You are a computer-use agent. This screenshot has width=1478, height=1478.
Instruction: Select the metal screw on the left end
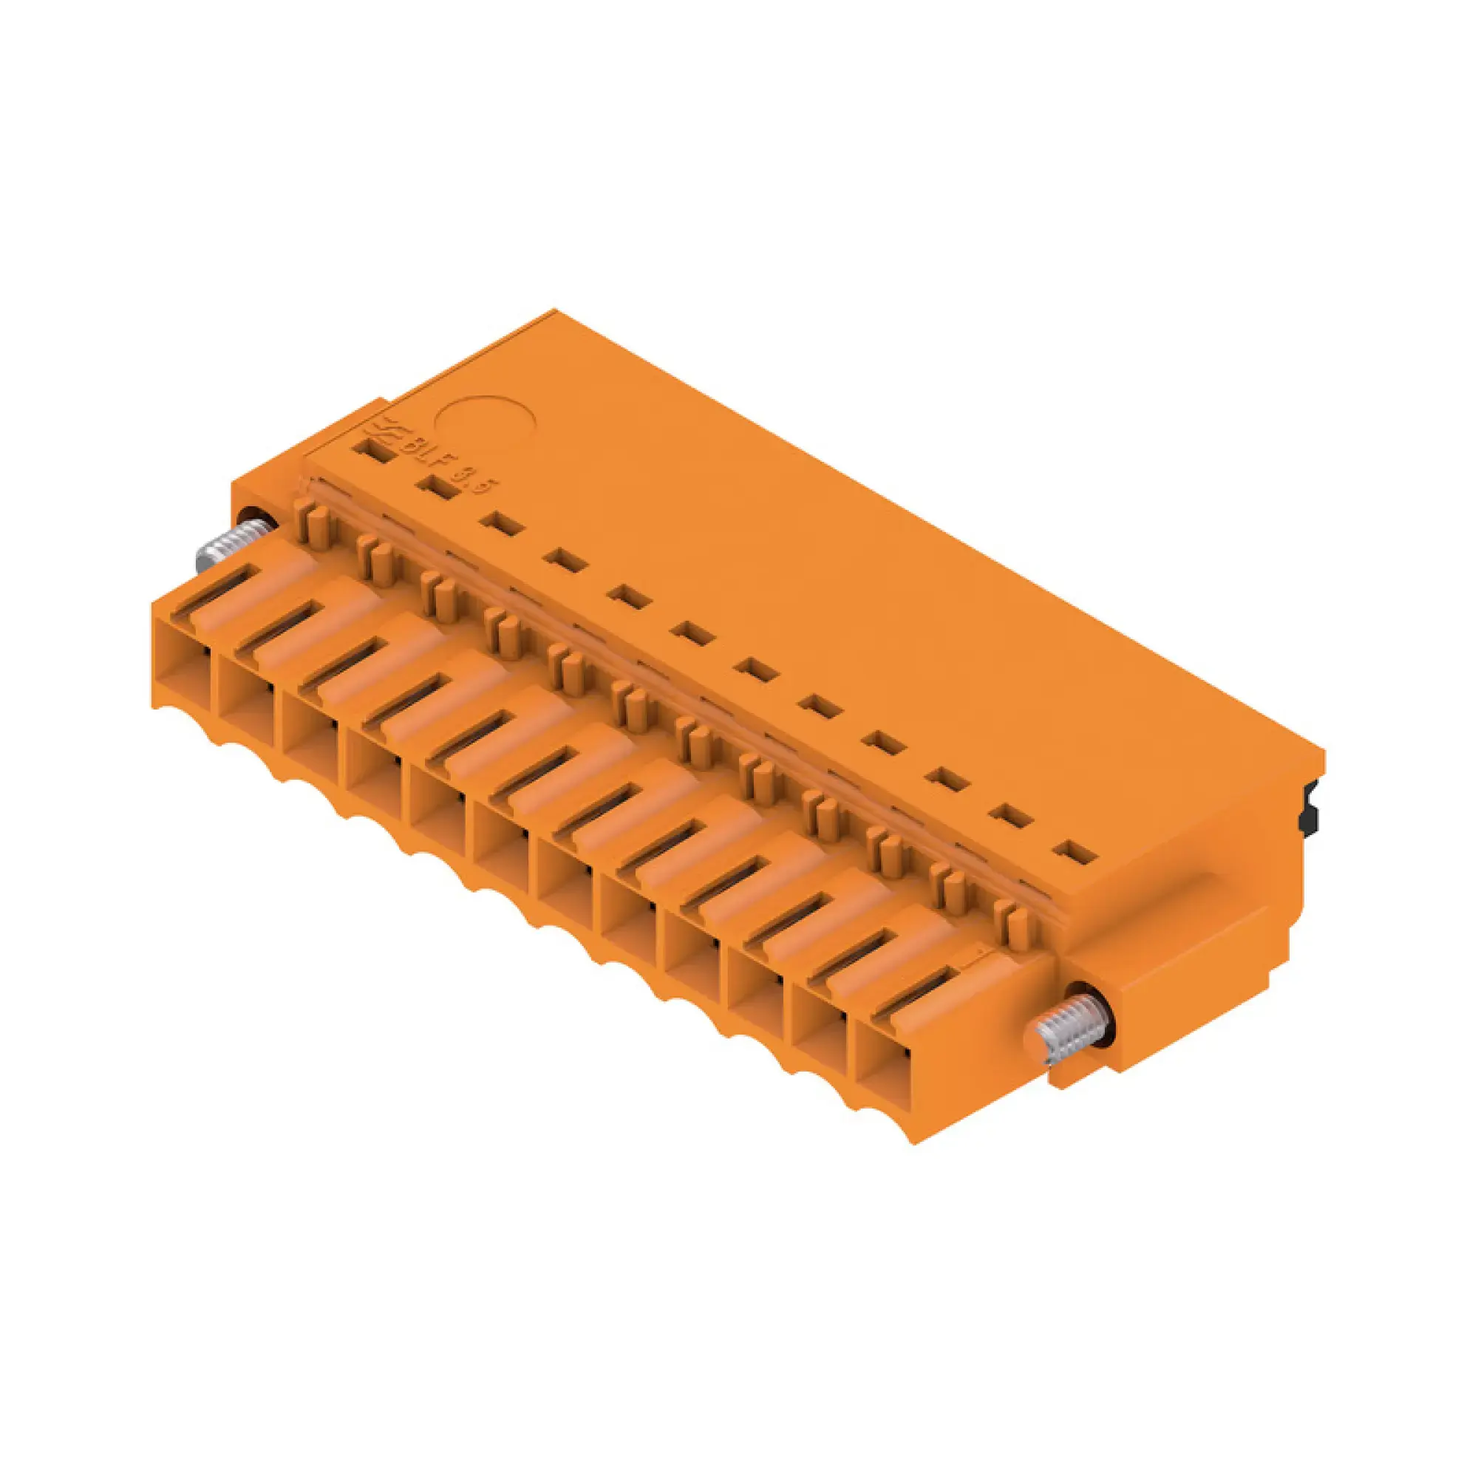tap(230, 545)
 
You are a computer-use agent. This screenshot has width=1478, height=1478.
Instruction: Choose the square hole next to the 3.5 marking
tap(437, 487)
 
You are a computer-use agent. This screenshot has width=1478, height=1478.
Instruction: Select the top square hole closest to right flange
tap(1073, 852)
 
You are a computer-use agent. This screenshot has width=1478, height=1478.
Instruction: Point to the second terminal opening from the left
tap(246, 709)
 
